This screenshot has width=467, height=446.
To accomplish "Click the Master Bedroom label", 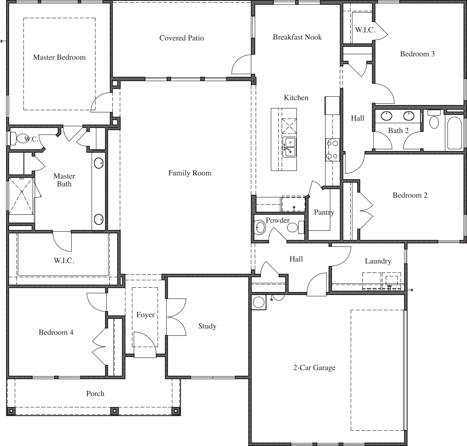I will click(x=59, y=57).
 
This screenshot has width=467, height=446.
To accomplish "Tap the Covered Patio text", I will click(x=181, y=38).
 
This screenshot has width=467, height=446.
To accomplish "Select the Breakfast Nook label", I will click(x=297, y=37).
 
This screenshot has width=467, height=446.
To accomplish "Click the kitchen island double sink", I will click(x=289, y=147).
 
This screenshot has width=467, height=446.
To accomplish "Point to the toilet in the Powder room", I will click(x=293, y=227).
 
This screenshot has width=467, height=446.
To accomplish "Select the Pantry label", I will click(x=324, y=213).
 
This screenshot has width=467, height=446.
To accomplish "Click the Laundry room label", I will click(x=378, y=261).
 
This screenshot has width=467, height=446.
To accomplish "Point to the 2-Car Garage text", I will click(x=314, y=368).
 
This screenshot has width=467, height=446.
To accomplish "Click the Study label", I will click(x=207, y=326).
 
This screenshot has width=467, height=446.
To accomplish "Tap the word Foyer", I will click(x=145, y=315).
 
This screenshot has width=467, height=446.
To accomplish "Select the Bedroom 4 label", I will click(x=56, y=332).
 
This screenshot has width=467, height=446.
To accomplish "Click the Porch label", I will click(x=95, y=394).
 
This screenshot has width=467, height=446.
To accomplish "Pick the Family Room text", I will click(x=190, y=173).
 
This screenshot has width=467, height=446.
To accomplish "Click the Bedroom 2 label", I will click(x=410, y=195).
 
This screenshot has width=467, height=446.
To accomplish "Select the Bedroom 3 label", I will click(x=417, y=54).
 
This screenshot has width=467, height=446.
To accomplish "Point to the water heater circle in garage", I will click(x=259, y=302).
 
